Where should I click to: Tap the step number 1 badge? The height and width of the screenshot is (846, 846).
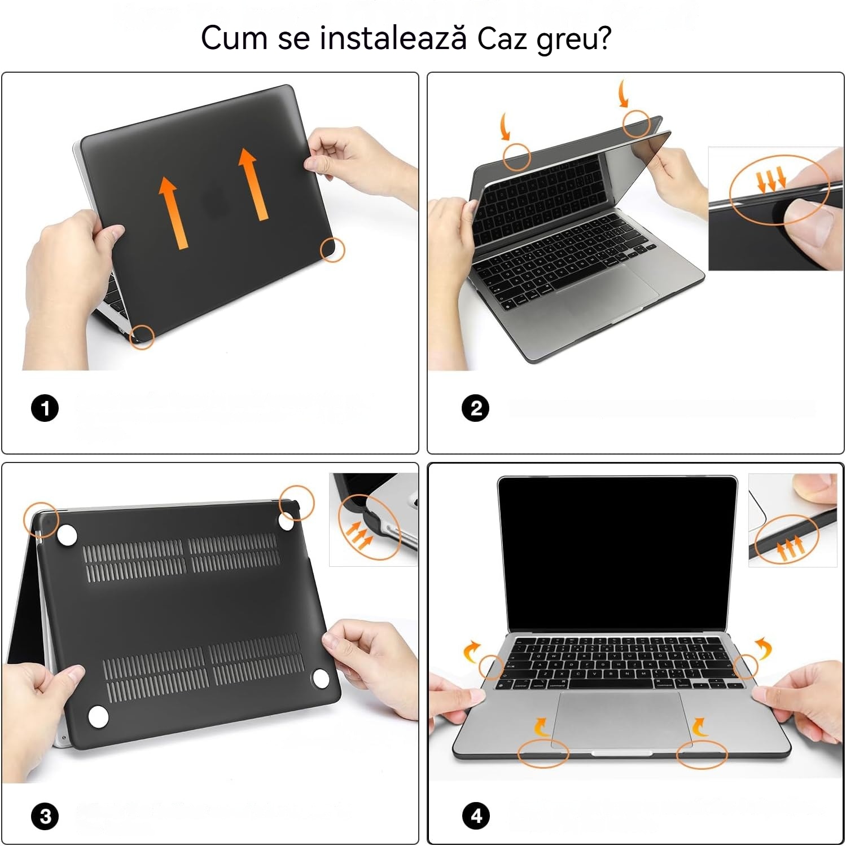point(45,408)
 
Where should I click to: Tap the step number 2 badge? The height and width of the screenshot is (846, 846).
point(476,408)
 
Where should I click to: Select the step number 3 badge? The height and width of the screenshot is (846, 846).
point(45,816)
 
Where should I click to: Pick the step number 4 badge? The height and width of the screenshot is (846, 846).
point(476,816)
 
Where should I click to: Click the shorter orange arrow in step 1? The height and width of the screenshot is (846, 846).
point(172,211)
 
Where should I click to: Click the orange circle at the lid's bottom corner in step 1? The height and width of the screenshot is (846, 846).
point(142,337)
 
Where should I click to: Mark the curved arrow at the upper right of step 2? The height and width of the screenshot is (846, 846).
point(623,93)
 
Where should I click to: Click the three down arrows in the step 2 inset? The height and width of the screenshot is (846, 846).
point(772,179)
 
